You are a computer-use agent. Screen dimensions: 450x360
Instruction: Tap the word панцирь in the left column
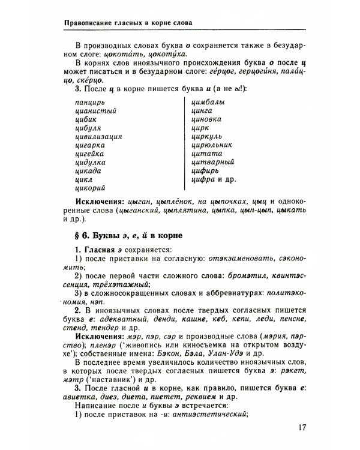point(83,102)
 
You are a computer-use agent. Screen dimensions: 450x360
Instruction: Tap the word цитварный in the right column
point(212,161)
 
